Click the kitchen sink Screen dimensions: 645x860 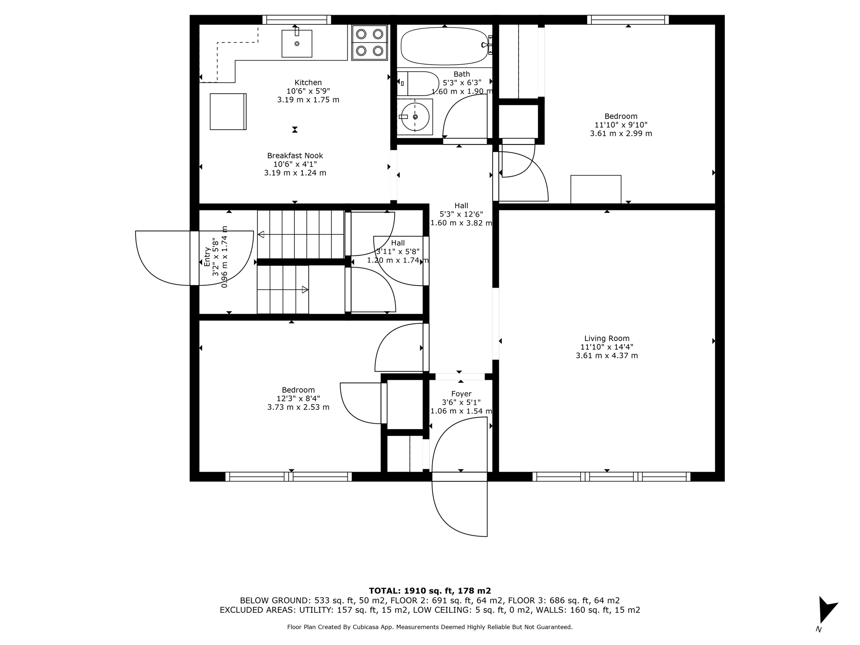(x=296, y=43)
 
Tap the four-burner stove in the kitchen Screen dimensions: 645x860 (x=370, y=42)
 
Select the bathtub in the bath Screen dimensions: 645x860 (x=444, y=46)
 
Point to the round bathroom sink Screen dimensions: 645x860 (x=415, y=117)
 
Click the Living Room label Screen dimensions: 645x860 (x=607, y=338)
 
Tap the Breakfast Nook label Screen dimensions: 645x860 (x=295, y=156)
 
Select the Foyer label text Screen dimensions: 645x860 (x=461, y=394)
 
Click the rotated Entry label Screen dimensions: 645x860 (x=207, y=257)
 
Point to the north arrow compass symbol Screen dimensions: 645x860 (x=826, y=611)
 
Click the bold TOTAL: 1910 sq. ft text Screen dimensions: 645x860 (x=430, y=591)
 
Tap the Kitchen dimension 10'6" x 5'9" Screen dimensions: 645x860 (x=308, y=91)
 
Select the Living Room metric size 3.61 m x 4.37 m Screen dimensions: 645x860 (x=607, y=356)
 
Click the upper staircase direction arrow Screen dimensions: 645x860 (x=261, y=234)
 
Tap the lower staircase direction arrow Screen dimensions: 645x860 (x=305, y=289)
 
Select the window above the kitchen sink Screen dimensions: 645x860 (x=296, y=19)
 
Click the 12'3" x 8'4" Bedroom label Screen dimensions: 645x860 (x=298, y=399)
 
